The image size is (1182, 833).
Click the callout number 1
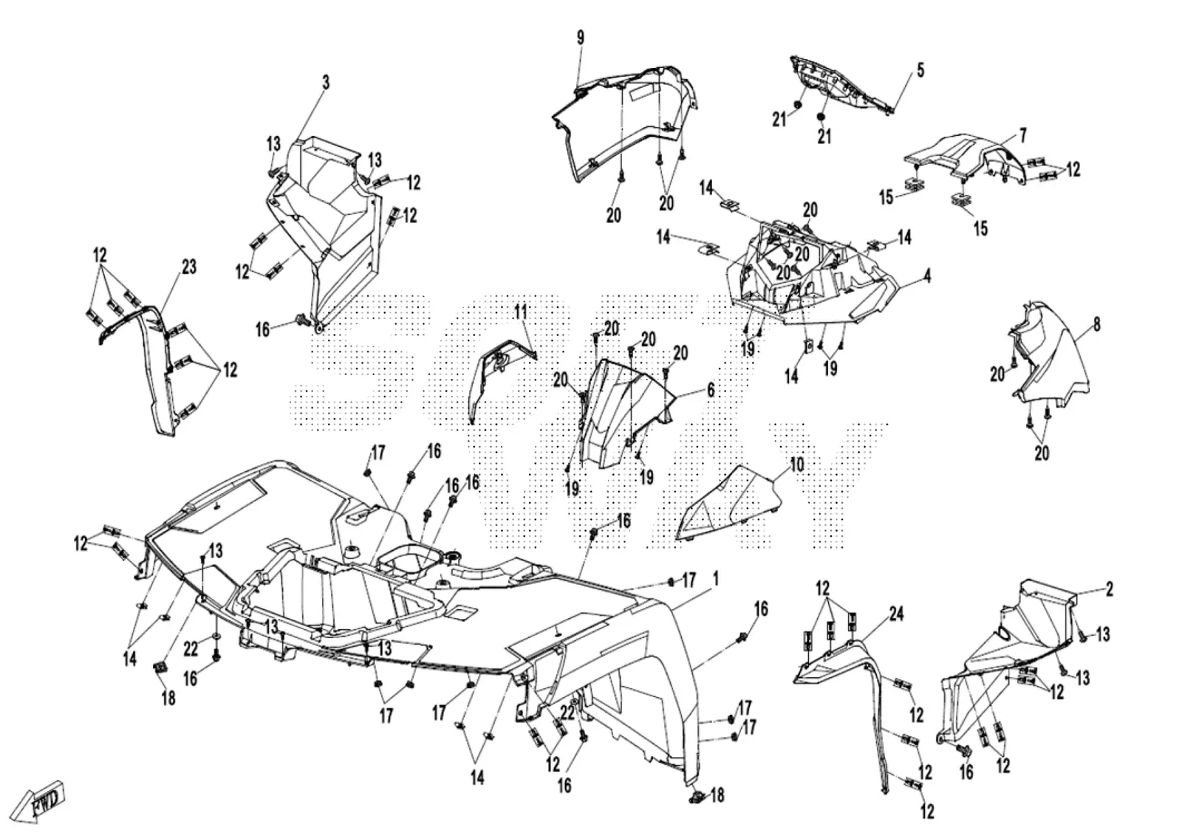716,580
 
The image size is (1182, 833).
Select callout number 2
1110,589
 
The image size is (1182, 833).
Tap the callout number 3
326,82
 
